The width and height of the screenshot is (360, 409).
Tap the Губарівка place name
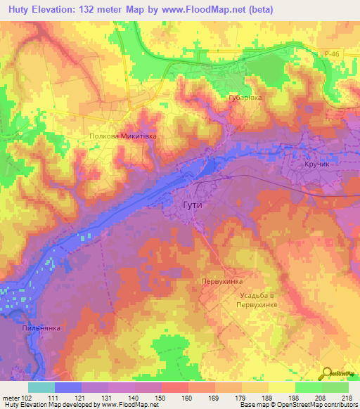(x=245, y=98)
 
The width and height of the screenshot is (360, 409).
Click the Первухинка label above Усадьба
(x=222, y=280)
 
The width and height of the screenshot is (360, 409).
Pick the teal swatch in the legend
(x=41, y=388)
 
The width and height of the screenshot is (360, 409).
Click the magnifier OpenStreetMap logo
(x=328, y=372)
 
